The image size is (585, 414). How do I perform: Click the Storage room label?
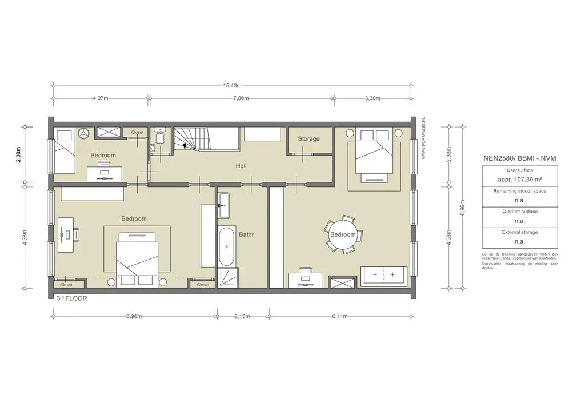coord(308,139)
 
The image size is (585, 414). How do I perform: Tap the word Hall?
coord(241,166)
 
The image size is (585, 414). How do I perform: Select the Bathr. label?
coord(247,234)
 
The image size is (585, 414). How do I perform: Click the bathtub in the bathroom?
coord(226,246)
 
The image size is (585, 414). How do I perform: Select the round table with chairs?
coord(343,234)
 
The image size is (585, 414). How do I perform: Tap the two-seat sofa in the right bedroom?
coord(383,275)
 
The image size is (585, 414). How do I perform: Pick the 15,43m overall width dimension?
coord(231,86)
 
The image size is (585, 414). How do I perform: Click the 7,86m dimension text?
coord(241,98)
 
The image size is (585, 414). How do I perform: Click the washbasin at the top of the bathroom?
coord(224,205)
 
